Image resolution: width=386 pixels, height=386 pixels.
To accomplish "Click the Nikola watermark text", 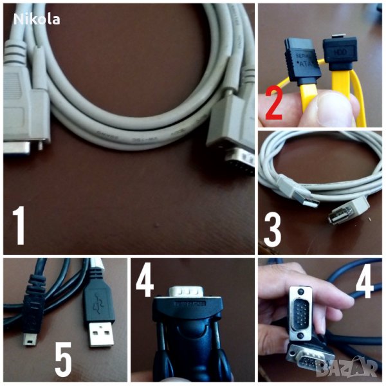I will pos(37,19).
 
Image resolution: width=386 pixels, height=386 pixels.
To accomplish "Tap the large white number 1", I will pos(19,225).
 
